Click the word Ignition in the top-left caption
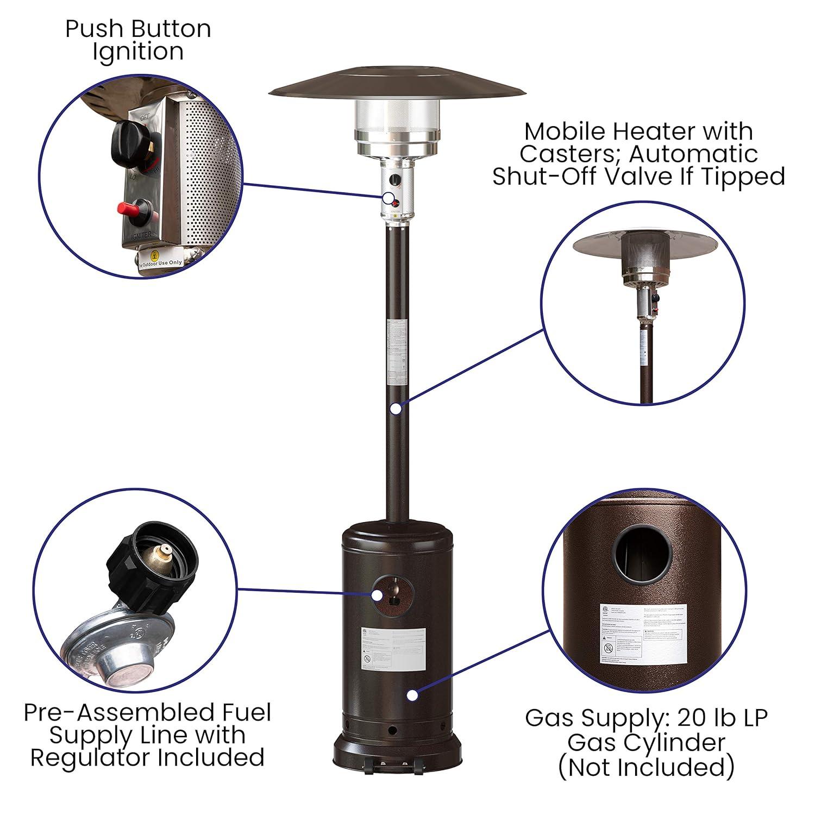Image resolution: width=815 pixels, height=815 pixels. (x=138, y=53)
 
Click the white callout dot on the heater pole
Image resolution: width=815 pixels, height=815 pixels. (x=396, y=407)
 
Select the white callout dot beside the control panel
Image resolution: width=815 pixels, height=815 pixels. (x=388, y=198)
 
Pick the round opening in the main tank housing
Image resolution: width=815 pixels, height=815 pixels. (x=393, y=595)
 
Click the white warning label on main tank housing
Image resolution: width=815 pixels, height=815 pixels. (x=393, y=649)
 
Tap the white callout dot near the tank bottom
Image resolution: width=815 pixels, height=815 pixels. (x=412, y=695)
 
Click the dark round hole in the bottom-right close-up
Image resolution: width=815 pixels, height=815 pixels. (x=642, y=553)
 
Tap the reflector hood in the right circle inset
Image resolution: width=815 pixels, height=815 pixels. (x=643, y=244)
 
